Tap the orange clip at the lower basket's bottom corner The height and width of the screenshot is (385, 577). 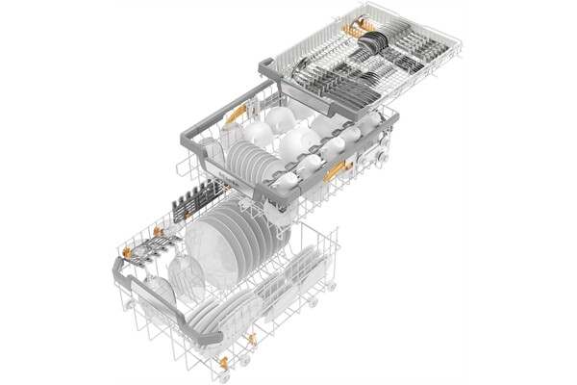(224, 363)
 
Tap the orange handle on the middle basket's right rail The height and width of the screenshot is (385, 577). (337, 173)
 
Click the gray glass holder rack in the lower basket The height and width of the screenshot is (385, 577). (144, 252)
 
